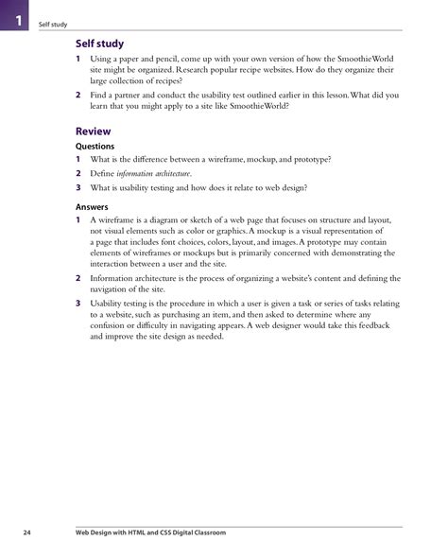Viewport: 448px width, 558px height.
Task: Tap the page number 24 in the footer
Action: [x=28, y=533]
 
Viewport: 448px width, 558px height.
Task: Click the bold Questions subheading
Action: [x=95, y=147]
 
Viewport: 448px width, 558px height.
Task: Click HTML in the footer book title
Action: [x=154, y=533]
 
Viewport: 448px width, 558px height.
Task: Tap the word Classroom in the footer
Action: [x=231, y=533]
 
